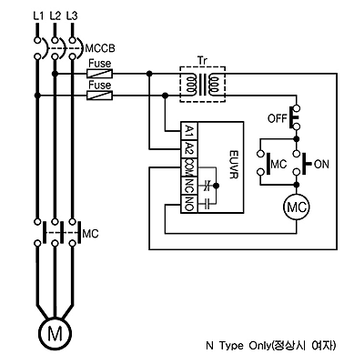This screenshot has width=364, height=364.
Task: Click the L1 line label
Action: [38, 15]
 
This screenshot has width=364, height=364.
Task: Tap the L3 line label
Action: [72, 15]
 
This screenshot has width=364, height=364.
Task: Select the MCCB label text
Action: [100, 48]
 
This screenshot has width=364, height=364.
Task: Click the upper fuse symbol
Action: [100, 73]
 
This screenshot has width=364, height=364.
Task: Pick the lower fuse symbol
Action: [100, 96]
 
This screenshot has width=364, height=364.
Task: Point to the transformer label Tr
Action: [203, 60]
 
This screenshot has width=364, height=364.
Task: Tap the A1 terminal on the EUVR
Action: [189, 131]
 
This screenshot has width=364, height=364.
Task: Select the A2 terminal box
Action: [189, 149]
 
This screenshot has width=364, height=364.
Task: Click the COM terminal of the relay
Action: [189, 167]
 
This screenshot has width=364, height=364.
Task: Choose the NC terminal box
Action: [189, 186]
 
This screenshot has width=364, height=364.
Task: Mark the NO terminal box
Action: [189, 204]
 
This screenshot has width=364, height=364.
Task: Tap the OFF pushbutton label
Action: [278, 118]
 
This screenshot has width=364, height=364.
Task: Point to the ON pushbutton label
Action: [321, 164]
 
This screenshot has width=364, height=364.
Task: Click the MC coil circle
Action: [297, 207]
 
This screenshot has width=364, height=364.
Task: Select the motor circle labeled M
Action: [56, 333]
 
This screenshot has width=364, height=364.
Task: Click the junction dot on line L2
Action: [55, 74]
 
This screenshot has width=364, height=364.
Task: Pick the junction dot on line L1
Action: [37, 96]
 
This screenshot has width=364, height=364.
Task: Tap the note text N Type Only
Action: [238, 346]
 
